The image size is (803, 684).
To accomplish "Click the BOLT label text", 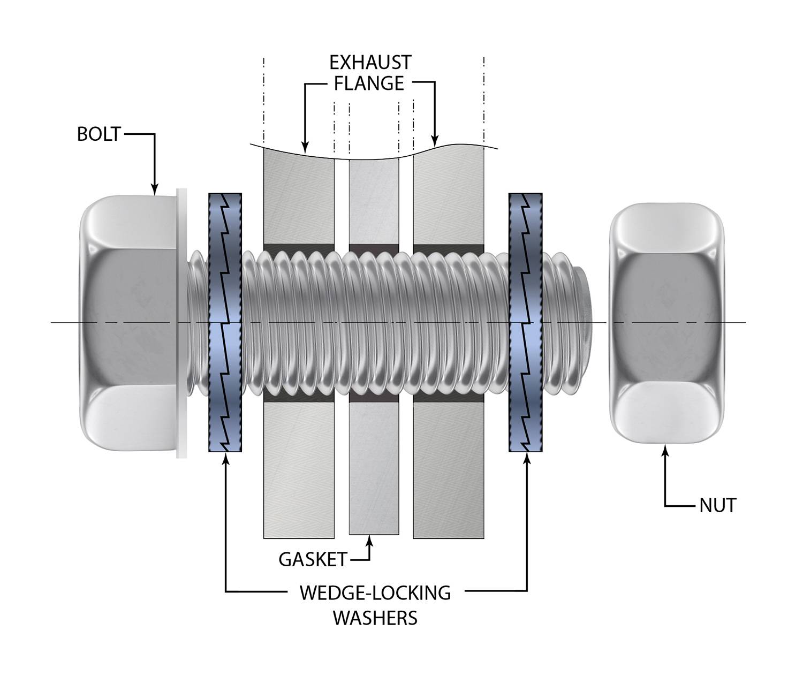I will [99, 134].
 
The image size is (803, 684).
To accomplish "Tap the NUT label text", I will [718, 505].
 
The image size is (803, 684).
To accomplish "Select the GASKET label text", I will [313, 559].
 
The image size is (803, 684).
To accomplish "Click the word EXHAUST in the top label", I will [370, 63].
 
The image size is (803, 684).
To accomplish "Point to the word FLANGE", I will [370, 83].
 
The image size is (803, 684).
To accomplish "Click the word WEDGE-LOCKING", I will [375, 593].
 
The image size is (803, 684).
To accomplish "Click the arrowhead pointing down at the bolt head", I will [155, 188].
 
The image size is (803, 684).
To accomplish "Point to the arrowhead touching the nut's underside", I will [665, 451].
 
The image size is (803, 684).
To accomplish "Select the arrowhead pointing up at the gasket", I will [369, 542].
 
